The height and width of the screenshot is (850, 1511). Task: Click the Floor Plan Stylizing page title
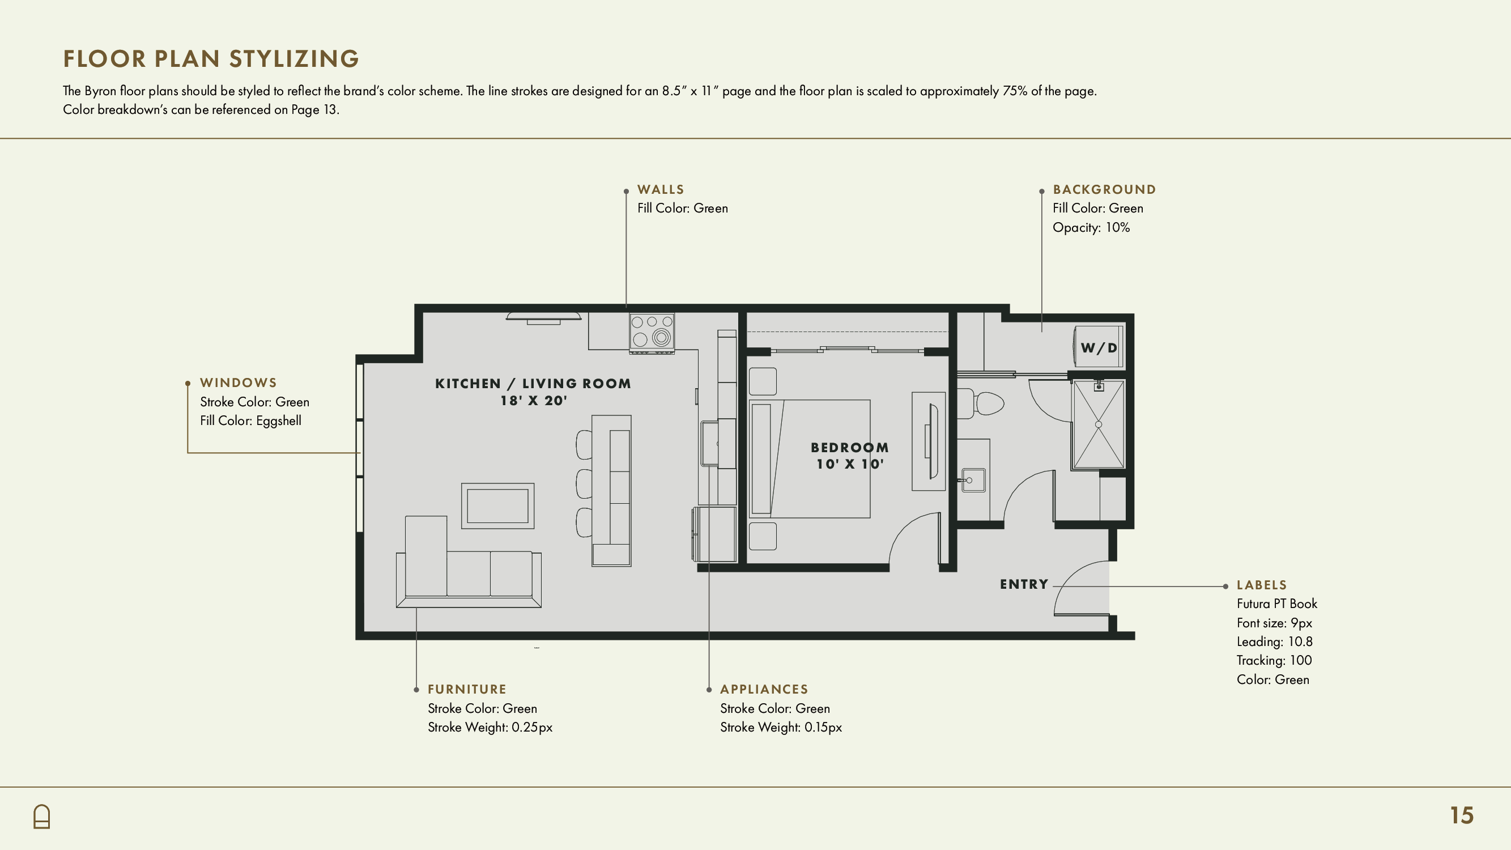[x=211, y=59]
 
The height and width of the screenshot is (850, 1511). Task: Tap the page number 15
[x=1462, y=815]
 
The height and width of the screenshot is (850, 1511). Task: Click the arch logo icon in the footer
[x=42, y=817]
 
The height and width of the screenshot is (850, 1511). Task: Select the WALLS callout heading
[x=661, y=189]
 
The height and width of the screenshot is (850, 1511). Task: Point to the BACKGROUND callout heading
[x=1104, y=189]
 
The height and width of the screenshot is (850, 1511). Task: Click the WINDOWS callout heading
[x=238, y=382]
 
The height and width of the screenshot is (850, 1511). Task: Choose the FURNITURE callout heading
[x=467, y=689]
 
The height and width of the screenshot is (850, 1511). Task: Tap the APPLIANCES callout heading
[x=764, y=689]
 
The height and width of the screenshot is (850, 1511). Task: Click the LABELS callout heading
[x=1262, y=585]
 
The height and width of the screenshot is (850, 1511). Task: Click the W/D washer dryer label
[x=1099, y=348]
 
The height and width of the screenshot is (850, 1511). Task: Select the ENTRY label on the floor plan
[x=1024, y=584]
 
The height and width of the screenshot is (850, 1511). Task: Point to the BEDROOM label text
[x=850, y=448]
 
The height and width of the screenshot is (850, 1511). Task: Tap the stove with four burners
[x=652, y=333]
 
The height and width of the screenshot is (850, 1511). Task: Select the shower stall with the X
[x=1099, y=424]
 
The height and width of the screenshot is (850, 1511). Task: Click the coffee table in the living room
[x=497, y=505]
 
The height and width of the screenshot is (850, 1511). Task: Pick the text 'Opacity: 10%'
[x=1091, y=228]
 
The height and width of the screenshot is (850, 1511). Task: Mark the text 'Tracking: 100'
[x=1274, y=661]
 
